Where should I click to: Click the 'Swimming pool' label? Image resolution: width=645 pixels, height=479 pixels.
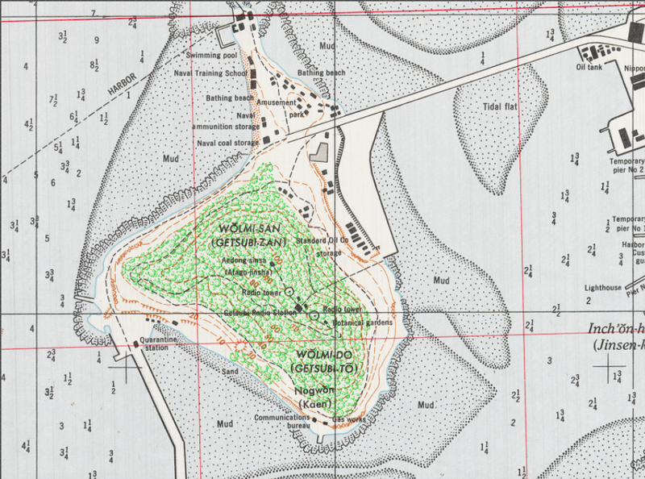210,55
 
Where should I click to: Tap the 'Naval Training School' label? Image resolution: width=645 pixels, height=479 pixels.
210,73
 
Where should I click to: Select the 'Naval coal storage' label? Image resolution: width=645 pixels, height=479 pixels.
228,143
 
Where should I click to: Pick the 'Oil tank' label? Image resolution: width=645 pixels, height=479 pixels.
589,68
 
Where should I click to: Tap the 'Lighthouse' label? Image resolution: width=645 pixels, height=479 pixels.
603,287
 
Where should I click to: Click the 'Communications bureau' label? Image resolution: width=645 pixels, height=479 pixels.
281,422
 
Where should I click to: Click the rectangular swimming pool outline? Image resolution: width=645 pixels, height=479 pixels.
225,34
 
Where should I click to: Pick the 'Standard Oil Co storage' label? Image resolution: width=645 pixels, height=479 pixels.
322,246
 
